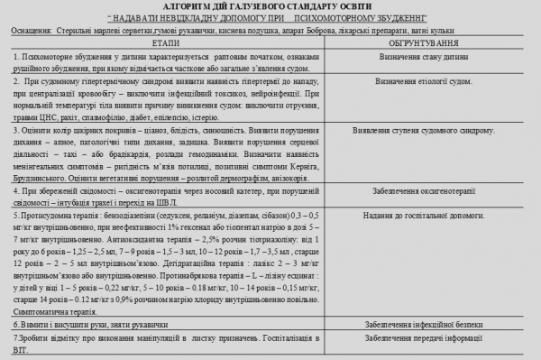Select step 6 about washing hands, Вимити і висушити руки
72,323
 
